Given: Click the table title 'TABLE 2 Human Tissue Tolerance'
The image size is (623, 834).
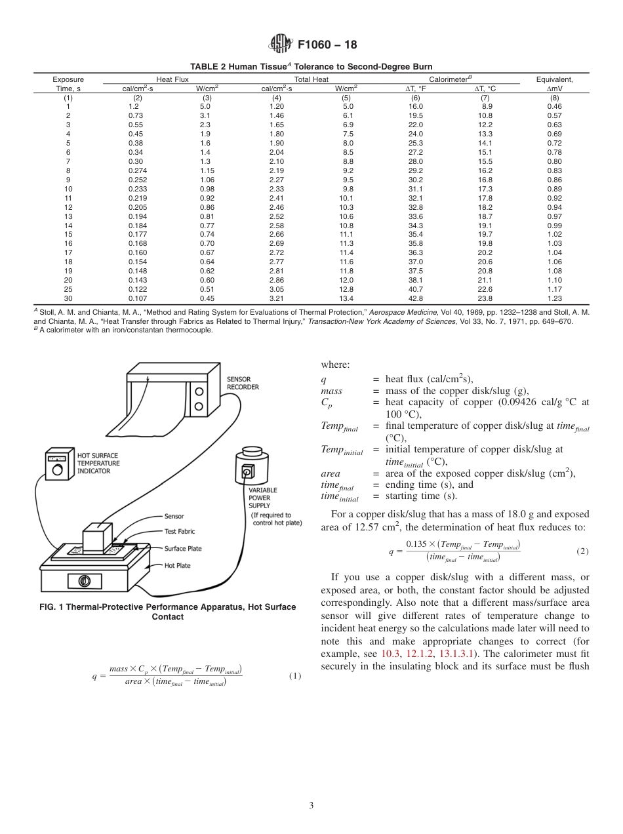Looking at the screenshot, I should (x=311, y=67).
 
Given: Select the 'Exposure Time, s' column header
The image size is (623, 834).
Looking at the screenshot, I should (x=68, y=83).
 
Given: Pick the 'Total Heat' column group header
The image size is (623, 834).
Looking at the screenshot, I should (x=311, y=79).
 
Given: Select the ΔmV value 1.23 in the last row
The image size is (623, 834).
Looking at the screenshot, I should (x=554, y=298).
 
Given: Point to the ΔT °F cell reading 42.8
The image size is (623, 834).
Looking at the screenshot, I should (x=416, y=298).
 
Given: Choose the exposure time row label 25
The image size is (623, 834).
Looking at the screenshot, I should (x=68, y=289).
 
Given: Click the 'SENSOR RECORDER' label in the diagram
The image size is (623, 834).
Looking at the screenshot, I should (x=243, y=383).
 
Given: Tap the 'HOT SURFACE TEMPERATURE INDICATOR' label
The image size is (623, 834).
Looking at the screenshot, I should (x=98, y=462).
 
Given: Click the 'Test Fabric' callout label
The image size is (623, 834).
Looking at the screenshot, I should (x=180, y=532).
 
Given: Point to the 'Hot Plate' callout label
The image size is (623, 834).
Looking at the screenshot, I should (x=177, y=565).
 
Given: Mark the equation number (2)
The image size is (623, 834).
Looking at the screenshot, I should (x=582, y=551).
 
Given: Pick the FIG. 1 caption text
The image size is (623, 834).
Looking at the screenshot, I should (x=167, y=612).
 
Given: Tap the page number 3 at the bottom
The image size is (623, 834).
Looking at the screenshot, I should (x=311, y=806).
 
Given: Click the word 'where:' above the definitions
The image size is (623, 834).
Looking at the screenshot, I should (x=335, y=365).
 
